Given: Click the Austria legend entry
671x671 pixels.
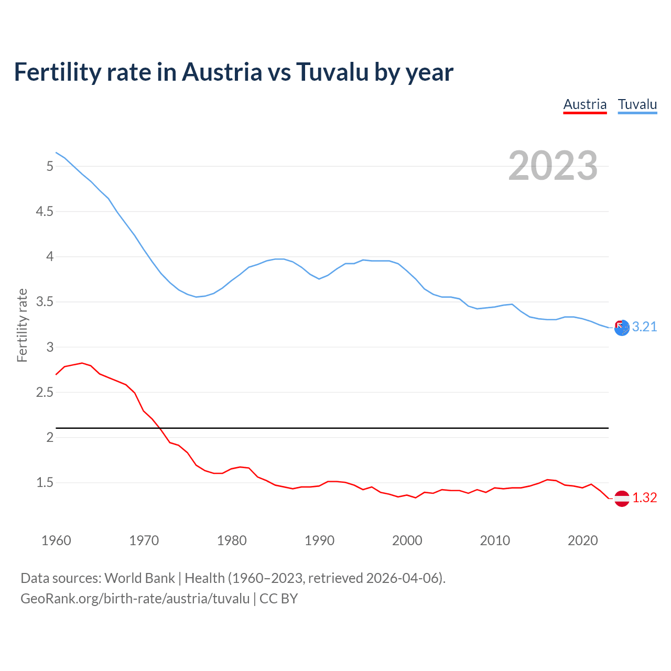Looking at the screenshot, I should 585,104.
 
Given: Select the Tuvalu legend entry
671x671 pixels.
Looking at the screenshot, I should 637,104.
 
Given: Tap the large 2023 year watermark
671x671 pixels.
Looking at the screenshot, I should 553,166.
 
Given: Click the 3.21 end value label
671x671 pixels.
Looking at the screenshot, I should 644,327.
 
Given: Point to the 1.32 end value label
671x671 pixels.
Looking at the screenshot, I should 644,497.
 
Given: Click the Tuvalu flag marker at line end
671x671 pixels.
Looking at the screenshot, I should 622,328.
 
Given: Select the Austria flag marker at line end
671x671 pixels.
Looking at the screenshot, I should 622,498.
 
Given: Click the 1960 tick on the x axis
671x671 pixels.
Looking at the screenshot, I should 56,540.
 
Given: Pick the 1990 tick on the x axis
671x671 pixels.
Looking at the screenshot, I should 319,540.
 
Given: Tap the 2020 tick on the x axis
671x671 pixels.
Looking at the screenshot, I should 582,540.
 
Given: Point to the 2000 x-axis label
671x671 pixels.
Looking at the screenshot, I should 407,540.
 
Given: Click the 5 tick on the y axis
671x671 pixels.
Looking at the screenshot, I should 50,166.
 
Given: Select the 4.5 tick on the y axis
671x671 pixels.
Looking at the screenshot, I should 45,211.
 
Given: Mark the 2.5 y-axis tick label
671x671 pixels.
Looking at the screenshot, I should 45,392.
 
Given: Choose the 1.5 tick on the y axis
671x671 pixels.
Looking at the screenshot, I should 45,482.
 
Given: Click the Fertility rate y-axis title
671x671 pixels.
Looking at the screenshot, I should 22,325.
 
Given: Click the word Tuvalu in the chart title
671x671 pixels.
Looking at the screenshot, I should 332,72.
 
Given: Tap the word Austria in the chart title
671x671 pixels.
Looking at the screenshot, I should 221,72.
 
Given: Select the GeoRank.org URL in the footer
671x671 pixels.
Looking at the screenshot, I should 135,599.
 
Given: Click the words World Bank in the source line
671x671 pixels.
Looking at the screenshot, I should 139,578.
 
